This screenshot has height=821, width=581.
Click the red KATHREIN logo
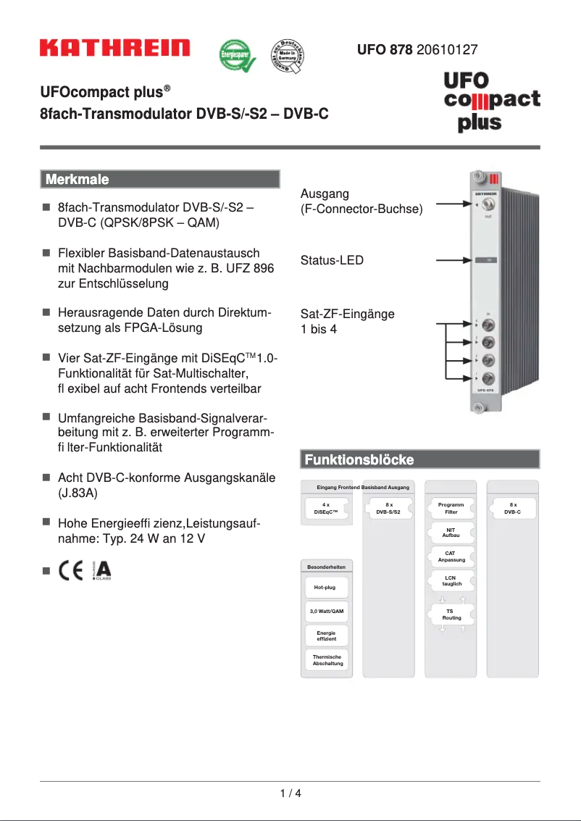point(114,49)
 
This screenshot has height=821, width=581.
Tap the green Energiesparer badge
point(238,56)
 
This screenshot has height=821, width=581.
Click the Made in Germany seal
point(287,56)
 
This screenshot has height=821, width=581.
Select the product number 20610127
point(447,50)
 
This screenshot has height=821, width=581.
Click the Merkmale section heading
point(77,179)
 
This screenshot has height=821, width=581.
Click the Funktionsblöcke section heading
point(359,459)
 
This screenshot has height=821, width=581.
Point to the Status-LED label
point(332,260)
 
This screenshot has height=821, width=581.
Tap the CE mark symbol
point(72,571)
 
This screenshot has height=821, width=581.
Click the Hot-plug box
point(325,587)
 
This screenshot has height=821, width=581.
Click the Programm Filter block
point(451,508)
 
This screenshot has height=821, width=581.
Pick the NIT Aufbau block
point(451,533)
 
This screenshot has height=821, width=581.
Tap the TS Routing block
point(451,614)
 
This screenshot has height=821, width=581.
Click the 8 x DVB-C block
point(513,508)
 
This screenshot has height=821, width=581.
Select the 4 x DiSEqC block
point(326,508)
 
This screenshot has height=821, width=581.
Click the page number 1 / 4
point(290,793)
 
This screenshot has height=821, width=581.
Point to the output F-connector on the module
point(479,207)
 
